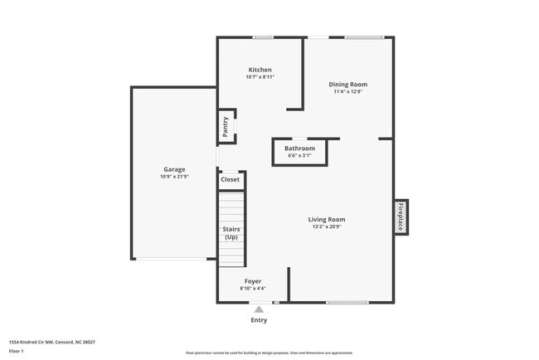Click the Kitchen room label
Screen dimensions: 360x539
coord(260,70)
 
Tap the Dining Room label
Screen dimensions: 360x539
coord(347,84)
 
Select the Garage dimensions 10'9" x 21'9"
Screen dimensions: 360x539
coord(174,177)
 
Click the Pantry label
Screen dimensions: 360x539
coord(226,127)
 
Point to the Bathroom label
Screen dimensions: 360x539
coord(299,148)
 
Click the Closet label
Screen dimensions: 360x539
coord(230,179)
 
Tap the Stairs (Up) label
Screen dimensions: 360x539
coord(231,232)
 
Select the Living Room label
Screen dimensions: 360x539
coord(327,219)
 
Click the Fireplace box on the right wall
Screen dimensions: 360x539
coord(400,216)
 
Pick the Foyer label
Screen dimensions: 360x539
coord(253,281)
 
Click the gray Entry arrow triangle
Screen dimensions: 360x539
coord(259,309)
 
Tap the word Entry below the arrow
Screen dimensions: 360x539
coord(259,320)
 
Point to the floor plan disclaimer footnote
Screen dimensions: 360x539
coord(269,353)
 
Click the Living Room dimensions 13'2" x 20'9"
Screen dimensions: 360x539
coord(327,226)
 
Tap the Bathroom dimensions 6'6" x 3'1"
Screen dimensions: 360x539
coord(299,155)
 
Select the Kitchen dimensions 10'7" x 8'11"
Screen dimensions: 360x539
coord(260,77)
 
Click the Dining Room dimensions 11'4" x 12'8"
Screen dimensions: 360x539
coord(347,91)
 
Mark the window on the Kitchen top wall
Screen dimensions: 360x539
coord(263,36)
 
